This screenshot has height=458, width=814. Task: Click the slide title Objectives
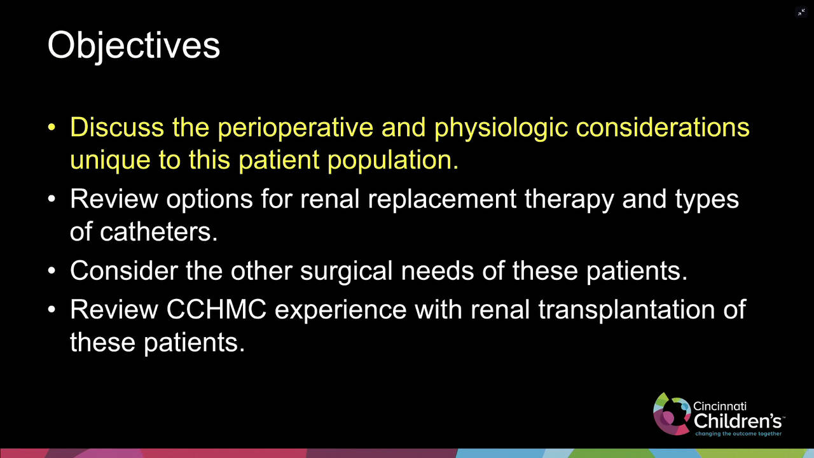coord(134,46)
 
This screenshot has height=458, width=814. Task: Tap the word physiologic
coord(500,127)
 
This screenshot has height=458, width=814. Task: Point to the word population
coord(392,160)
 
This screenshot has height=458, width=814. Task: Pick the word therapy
coord(569,199)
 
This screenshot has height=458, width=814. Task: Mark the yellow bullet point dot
coord(52,127)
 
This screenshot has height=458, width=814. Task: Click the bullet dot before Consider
coord(52,271)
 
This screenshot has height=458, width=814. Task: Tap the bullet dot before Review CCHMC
coord(52,310)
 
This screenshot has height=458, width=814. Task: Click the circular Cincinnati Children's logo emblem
coord(672,413)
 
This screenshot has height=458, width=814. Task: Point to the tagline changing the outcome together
coord(738,434)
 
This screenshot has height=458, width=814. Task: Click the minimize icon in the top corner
coord(801,12)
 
